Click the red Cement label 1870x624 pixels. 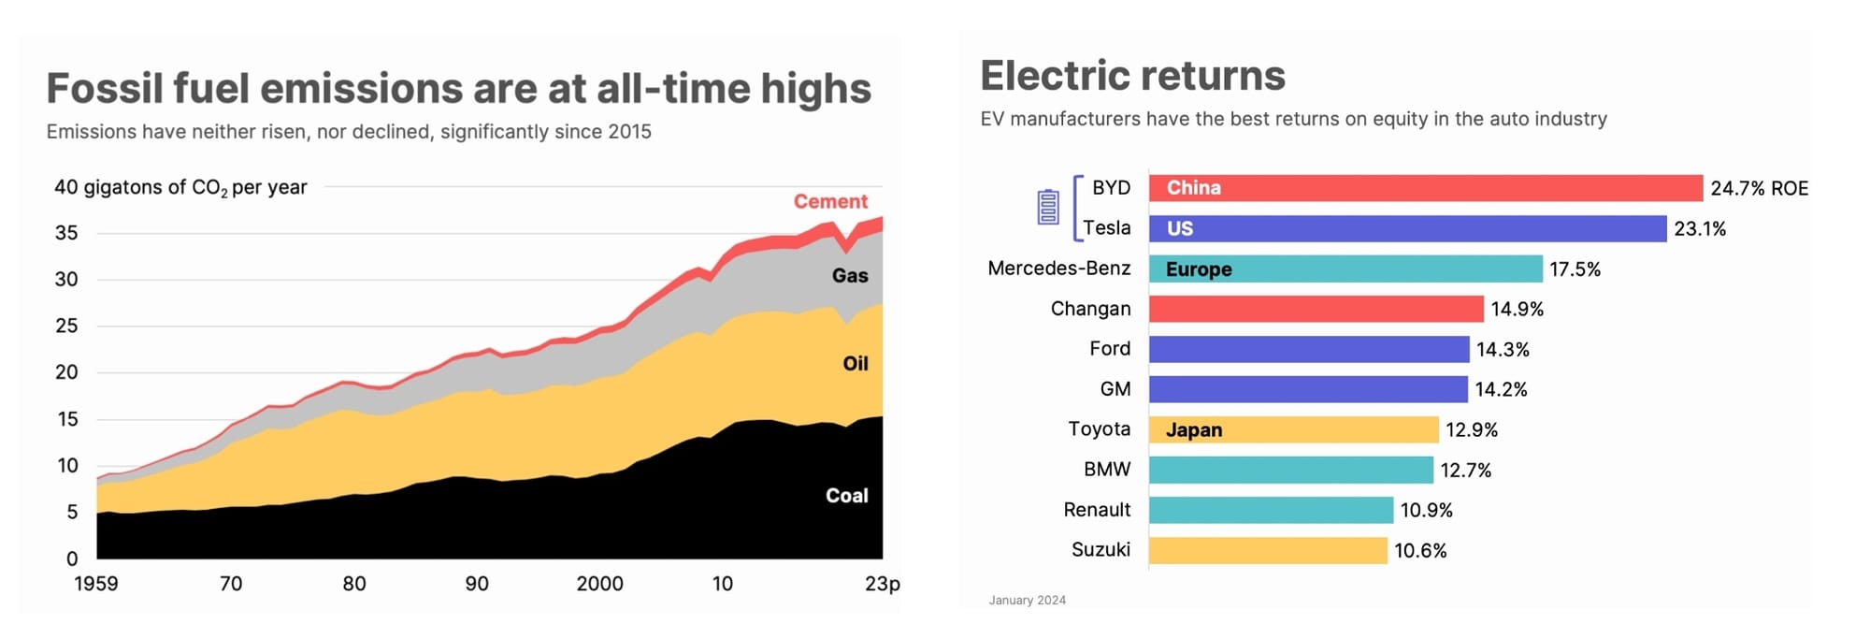830,201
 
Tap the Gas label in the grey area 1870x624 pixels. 850,276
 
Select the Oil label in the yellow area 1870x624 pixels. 856,364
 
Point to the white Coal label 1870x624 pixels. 846,496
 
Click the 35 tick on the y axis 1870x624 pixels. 66,233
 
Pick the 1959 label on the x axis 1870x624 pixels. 95,584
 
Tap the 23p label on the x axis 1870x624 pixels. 882,584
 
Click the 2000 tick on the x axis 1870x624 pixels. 599,584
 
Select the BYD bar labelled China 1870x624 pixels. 1425,188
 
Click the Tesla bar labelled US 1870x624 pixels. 1407,229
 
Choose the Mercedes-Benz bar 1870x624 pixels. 1345,269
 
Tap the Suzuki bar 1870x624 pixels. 1268,550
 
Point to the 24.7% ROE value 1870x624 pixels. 1759,188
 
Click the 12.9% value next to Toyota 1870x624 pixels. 1472,429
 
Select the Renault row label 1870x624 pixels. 1097,510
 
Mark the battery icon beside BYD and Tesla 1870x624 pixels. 1048,207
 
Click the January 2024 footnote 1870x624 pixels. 1027,601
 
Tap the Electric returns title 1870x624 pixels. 1132,76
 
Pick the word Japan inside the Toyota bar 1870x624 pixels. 1194,429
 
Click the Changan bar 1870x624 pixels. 1316,309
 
